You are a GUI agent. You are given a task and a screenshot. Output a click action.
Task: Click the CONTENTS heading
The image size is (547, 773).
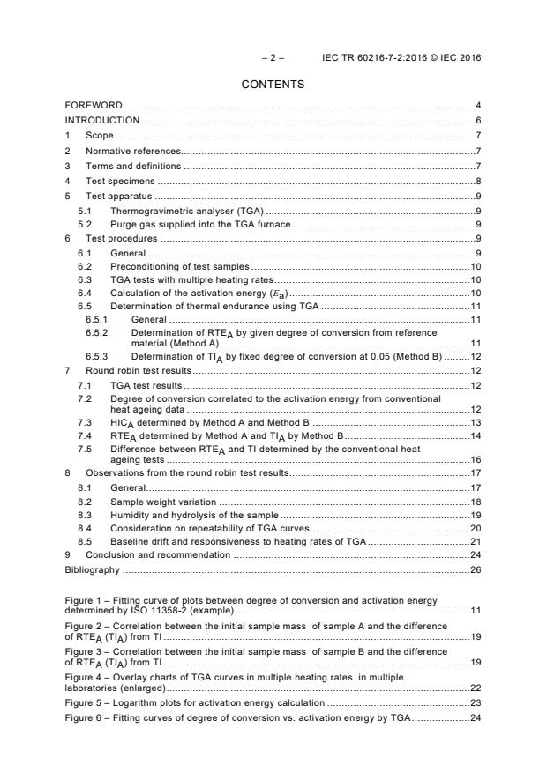tap(273, 85)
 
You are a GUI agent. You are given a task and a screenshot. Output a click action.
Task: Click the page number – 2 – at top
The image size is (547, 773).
tap(273, 57)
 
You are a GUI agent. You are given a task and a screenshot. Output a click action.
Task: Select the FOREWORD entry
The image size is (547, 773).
tap(94, 106)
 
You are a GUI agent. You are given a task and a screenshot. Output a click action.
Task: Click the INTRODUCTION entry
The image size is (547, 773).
tap(102, 121)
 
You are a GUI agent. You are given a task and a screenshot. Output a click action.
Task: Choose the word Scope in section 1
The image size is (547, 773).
tap(99, 136)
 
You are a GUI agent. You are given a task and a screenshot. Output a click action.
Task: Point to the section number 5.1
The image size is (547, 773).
tap(85, 211)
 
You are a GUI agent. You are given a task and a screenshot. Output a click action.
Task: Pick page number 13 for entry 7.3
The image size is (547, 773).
tap(476, 423)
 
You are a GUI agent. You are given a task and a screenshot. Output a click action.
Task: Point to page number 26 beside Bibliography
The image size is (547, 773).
tap(476, 569)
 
